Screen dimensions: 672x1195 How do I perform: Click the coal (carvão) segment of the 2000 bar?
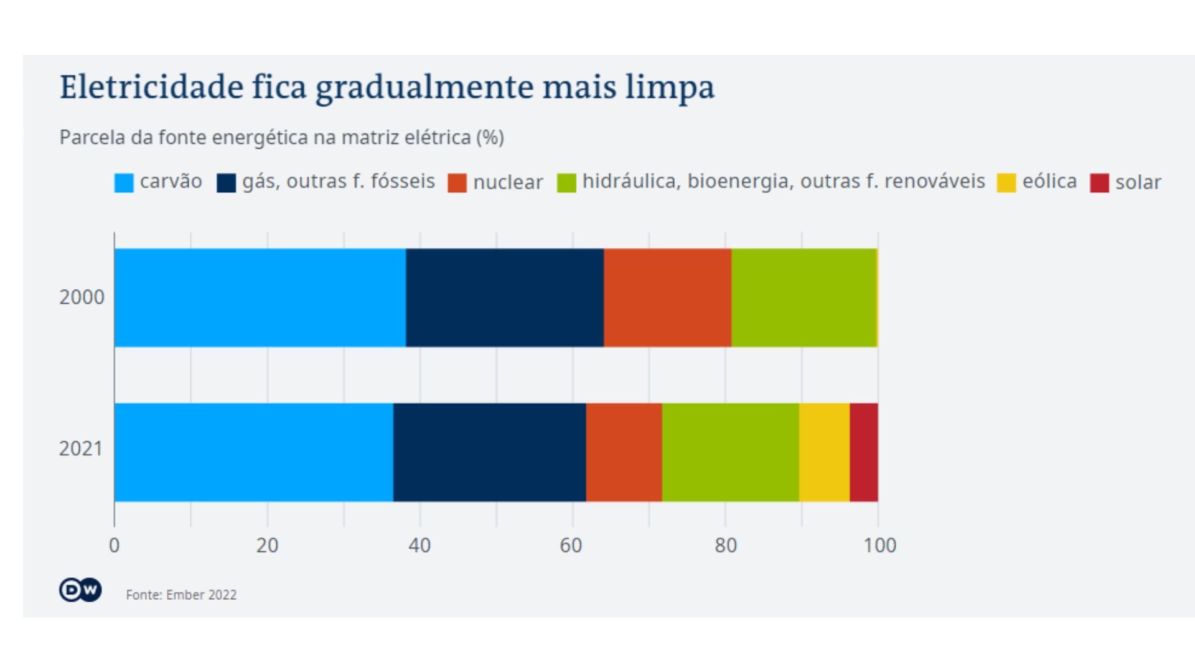[x=260, y=297]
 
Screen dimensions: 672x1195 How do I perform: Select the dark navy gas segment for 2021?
[x=489, y=452]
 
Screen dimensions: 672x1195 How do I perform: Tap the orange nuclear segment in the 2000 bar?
[x=667, y=297]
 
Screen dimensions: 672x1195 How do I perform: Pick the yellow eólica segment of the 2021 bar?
[x=824, y=452]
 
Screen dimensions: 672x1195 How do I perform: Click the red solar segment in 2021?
[x=864, y=452]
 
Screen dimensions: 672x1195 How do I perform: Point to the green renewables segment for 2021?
[x=730, y=452]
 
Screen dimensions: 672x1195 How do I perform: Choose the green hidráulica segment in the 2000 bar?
[x=804, y=297]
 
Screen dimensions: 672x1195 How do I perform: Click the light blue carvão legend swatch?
[x=124, y=183]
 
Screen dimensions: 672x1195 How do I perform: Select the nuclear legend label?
[x=508, y=182]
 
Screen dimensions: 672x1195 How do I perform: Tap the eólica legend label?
[x=1049, y=181]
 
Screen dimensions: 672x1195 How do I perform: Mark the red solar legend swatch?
[x=1099, y=183]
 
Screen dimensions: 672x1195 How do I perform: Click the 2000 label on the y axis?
[x=82, y=297]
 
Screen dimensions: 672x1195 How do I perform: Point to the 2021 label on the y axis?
[x=81, y=449]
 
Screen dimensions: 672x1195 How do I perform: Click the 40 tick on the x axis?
[x=419, y=546]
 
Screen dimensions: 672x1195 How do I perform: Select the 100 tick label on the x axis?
[x=879, y=546]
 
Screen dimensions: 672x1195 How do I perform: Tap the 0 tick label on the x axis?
[x=114, y=546]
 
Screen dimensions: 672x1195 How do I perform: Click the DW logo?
[x=80, y=590]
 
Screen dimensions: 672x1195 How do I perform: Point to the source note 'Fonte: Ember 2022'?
[x=181, y=595]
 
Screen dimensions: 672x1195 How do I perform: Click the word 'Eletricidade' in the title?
[x=151, y=86]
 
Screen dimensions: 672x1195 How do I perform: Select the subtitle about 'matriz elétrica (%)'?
[x=281, y=138]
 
